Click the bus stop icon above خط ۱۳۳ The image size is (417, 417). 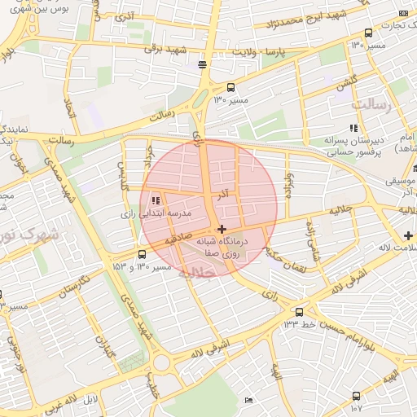[300, 311]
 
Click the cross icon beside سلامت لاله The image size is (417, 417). [407, 236]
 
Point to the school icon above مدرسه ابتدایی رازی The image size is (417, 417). [155, 200]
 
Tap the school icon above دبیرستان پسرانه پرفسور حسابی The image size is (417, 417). [353, 128]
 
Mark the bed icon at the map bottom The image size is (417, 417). [249, 400]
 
